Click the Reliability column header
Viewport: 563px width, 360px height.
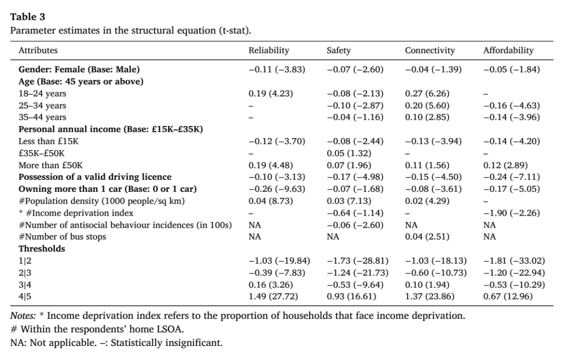(268, 51)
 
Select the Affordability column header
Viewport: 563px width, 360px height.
(508, 51)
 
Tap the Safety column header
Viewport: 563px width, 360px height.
(339, 51)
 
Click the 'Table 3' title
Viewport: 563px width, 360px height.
(28, 17)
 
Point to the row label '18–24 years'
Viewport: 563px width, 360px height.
(42, 94)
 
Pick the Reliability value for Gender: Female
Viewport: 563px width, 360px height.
(277, 69)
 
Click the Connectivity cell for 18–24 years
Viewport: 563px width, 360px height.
(427, 94)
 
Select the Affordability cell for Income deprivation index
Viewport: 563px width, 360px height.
(511, 213)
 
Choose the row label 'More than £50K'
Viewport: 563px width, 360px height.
(51, 166)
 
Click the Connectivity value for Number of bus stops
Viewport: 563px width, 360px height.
(427, 237)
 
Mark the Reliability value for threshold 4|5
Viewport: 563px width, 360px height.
(273, 296)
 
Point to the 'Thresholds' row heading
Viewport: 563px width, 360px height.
(42, 249)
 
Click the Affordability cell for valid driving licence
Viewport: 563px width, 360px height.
(511, 177)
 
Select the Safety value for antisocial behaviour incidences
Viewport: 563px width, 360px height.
(355, 225)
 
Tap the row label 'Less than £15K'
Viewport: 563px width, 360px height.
(48, 141)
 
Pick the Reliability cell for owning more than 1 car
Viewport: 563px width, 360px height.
(277, 189)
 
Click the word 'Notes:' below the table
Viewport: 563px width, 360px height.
(23, 316)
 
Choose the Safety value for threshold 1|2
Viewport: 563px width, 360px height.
(357, 260)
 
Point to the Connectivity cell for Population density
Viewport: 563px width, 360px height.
(427, 201)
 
